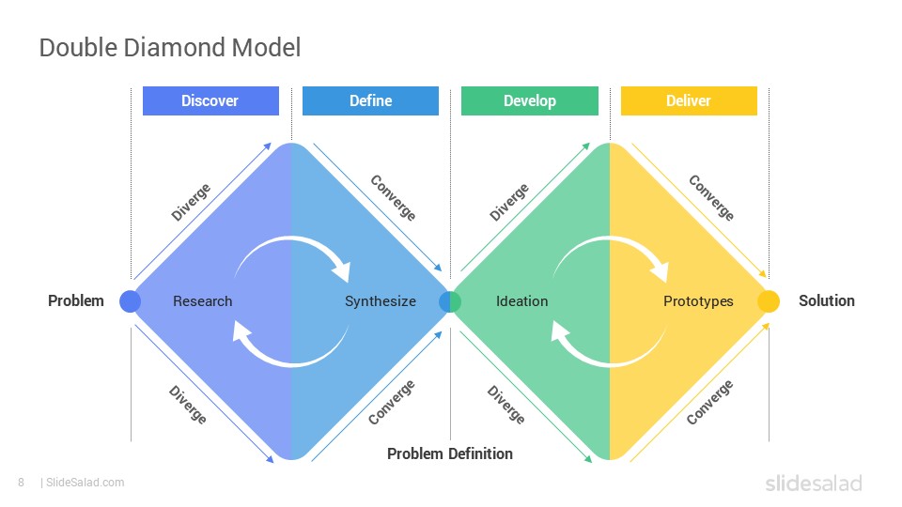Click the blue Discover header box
point(210,100)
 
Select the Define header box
point(370,100)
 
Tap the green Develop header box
point(530,100)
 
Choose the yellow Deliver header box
point(689,100)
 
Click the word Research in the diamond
point(203,301)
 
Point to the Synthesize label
point(381,301)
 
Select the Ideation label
point(521,301)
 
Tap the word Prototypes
point(698,301)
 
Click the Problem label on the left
point(76,300)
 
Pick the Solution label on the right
point(827,300)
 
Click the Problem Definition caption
point(450,453)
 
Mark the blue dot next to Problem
point(130,301)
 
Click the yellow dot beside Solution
point(769,301)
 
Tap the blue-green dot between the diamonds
point(450,301)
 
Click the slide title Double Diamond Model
point(170,48)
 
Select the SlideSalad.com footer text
point(86,483)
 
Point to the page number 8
point(22,483)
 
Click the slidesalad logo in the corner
point(814,483)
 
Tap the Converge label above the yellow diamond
point(711,198)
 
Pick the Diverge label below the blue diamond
point(188,405)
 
